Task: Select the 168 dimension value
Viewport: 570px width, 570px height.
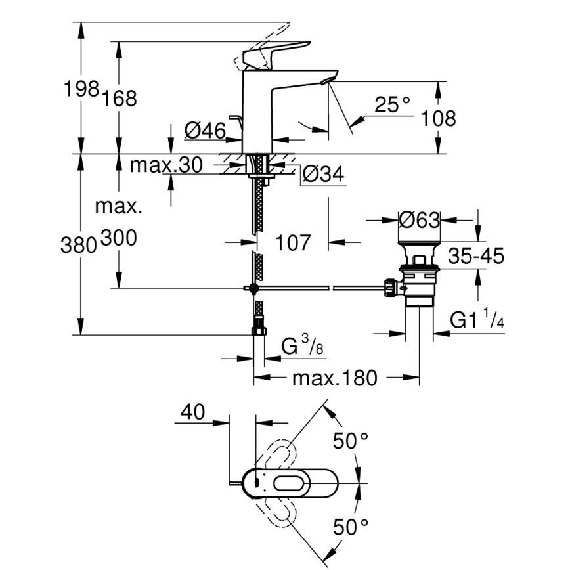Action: click(x=119, y=99)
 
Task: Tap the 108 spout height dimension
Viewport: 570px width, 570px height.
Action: click(x=437, y=118)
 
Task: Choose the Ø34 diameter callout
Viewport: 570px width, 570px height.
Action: click(x=322, y=174)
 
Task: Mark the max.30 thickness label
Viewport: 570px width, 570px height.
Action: click(x=166, y=165)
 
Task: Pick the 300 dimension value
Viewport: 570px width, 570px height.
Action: click(x=118, y=238)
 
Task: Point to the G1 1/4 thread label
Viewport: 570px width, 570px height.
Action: click(x=477, y=321)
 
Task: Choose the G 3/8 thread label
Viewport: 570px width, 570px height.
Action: click(x=303, y=345)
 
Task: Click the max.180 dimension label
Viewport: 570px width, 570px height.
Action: click(x=334, y=378)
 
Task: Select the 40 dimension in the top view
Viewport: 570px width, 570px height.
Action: click(x=192, y=412)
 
